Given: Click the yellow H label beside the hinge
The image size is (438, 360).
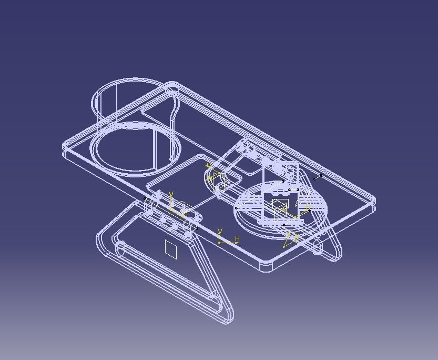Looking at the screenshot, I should point(237,239).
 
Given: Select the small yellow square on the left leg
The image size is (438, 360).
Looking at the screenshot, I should point(171,249).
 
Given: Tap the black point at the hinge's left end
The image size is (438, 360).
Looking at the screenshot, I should point(146,198).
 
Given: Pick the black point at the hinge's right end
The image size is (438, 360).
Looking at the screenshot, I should point(197,228).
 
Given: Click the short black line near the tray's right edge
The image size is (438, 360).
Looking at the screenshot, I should point(318,177).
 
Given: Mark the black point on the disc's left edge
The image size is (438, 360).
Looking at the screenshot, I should point(236,208).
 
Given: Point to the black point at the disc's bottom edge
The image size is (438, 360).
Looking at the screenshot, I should point(284,225).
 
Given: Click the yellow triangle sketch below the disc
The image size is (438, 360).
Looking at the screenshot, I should point(290,240).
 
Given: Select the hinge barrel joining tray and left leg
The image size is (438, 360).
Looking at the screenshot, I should point(171,213).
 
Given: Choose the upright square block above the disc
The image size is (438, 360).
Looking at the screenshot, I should point(281,195).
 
